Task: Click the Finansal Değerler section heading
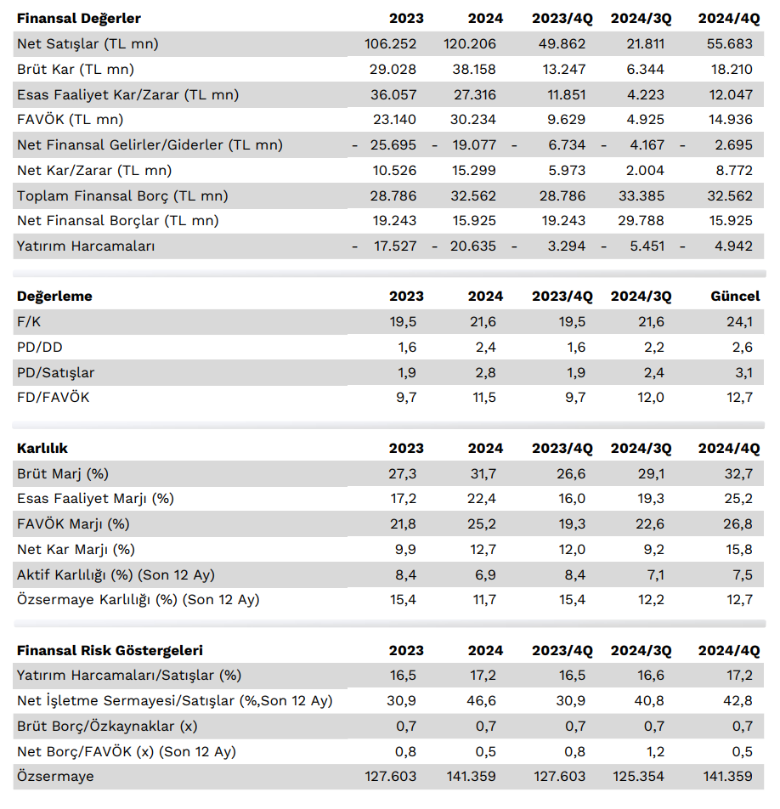pos(79,19)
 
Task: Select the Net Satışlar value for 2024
pos(469,44)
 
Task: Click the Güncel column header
pos(735,297)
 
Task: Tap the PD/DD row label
pos(40,348)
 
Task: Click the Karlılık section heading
pos(42,448)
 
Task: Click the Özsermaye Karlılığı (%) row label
pos(138,600)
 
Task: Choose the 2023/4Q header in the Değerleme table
pos(562,297)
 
